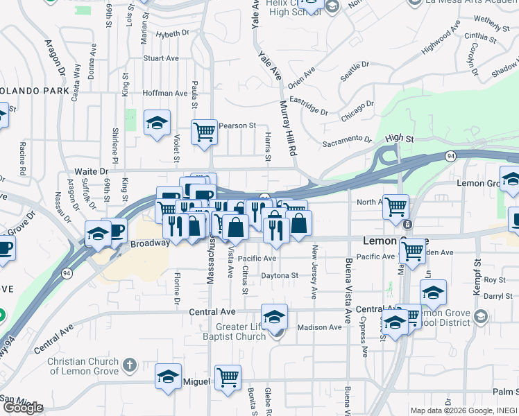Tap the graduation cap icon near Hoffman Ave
(158, 124)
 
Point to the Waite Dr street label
(90, 171)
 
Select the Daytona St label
(279, 275)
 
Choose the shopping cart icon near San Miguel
(228, 378)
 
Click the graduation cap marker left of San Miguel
(168, 377)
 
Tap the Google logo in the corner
(22, 408)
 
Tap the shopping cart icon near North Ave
(396, 206)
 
